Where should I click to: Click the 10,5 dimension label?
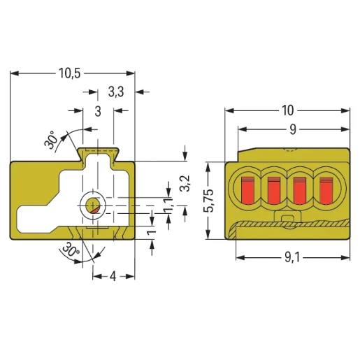[69, 73]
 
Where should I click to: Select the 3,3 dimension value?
[116, 92]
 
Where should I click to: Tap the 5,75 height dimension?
[208, 201]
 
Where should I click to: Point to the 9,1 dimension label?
[292, 258]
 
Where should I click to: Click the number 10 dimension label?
[288, 110]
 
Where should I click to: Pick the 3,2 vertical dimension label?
[186, 183]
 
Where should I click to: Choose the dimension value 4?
[113, 277]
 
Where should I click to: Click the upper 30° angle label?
[50, 140]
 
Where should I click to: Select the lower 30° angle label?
[71, 250]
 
